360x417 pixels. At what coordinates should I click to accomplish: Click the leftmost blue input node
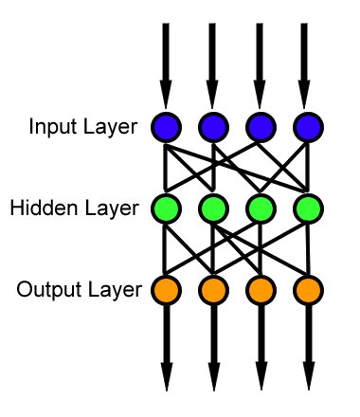167,126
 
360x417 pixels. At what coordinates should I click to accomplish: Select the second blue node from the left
213,126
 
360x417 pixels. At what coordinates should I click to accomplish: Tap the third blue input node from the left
260,126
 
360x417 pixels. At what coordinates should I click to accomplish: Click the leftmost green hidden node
167,207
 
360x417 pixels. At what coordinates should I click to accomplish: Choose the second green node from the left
213,207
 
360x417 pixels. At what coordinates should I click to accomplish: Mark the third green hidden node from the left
260,207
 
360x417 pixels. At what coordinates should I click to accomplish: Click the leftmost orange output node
167,287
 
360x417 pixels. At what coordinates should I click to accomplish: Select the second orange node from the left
213,287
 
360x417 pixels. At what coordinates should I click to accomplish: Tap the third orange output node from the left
260,287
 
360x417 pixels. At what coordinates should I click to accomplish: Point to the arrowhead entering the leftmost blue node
167,95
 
